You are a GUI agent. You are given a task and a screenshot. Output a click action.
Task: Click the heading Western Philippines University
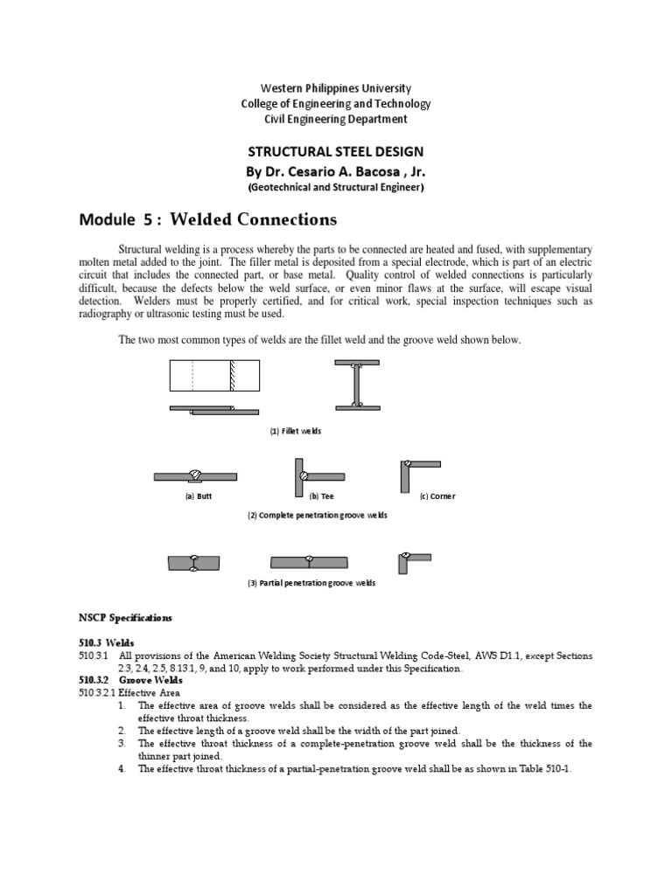point(336,88)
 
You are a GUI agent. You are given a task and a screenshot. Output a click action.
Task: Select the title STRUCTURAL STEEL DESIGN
point(336,151)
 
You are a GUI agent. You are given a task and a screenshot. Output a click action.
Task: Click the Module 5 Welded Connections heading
point(207,218)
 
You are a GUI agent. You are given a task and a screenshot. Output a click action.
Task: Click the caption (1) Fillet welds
point(295,432)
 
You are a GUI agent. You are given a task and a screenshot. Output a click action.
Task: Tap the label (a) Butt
point(198,496)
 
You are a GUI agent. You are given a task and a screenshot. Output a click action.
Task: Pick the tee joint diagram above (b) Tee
point(311,475)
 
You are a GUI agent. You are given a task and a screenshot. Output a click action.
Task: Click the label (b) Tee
point(310,496)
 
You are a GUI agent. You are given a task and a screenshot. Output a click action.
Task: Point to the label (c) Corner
point(437,496)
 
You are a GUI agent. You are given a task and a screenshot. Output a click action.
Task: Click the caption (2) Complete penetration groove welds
point(317,516)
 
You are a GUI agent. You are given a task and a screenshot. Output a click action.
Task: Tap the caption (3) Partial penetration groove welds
point(311,583)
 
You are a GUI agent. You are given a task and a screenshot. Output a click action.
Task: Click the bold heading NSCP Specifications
point(125,618)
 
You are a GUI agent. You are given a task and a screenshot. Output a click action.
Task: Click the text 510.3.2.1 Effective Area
point(129,693)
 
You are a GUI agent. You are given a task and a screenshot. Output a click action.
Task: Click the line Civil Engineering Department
point(336,119)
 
